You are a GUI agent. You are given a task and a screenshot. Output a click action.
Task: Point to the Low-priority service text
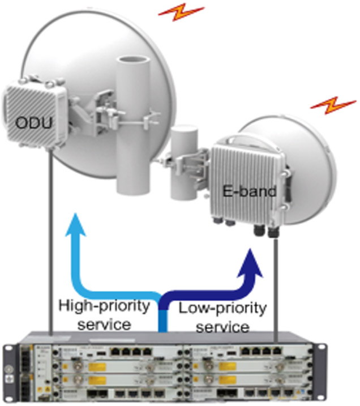coord(222,318)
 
